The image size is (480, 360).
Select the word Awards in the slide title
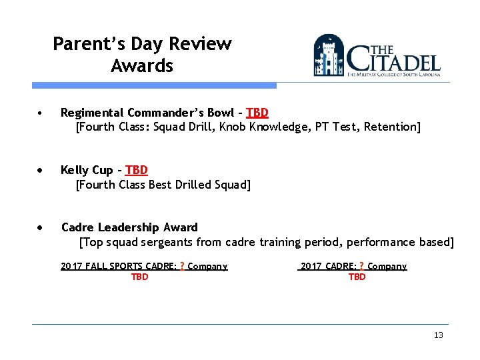[x=142, y=66]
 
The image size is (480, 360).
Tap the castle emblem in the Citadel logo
[x=329, y=56]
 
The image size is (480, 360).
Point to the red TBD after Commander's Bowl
[x=257, y=112]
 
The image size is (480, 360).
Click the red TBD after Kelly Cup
[x=136, y=170]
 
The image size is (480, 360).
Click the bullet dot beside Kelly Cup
[x=41, y=171]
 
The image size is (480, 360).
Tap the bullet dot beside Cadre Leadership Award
[x=41, y=228]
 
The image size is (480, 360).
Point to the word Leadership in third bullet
[x=131, y=227]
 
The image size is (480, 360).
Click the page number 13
[x=438, y=335]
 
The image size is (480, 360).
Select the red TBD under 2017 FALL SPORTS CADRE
[x=139, y=277]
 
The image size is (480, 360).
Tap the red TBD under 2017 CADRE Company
[x=357, y=277]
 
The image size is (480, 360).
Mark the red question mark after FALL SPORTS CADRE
[x=182, y=266]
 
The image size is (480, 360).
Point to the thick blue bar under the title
[x=154, y=85]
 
